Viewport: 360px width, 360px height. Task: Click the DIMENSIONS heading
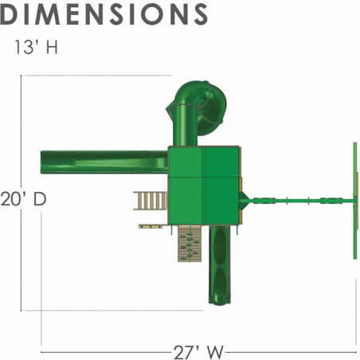pos(104,14)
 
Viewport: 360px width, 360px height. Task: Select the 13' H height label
pos(36,47)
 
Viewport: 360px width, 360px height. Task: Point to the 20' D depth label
pos(23,199)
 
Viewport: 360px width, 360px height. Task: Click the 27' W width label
pos(198,352)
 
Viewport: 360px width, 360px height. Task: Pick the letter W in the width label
pos(214,352)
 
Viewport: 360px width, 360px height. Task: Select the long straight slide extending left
pos(104,162)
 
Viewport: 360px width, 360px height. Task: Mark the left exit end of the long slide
pos(42,162)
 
